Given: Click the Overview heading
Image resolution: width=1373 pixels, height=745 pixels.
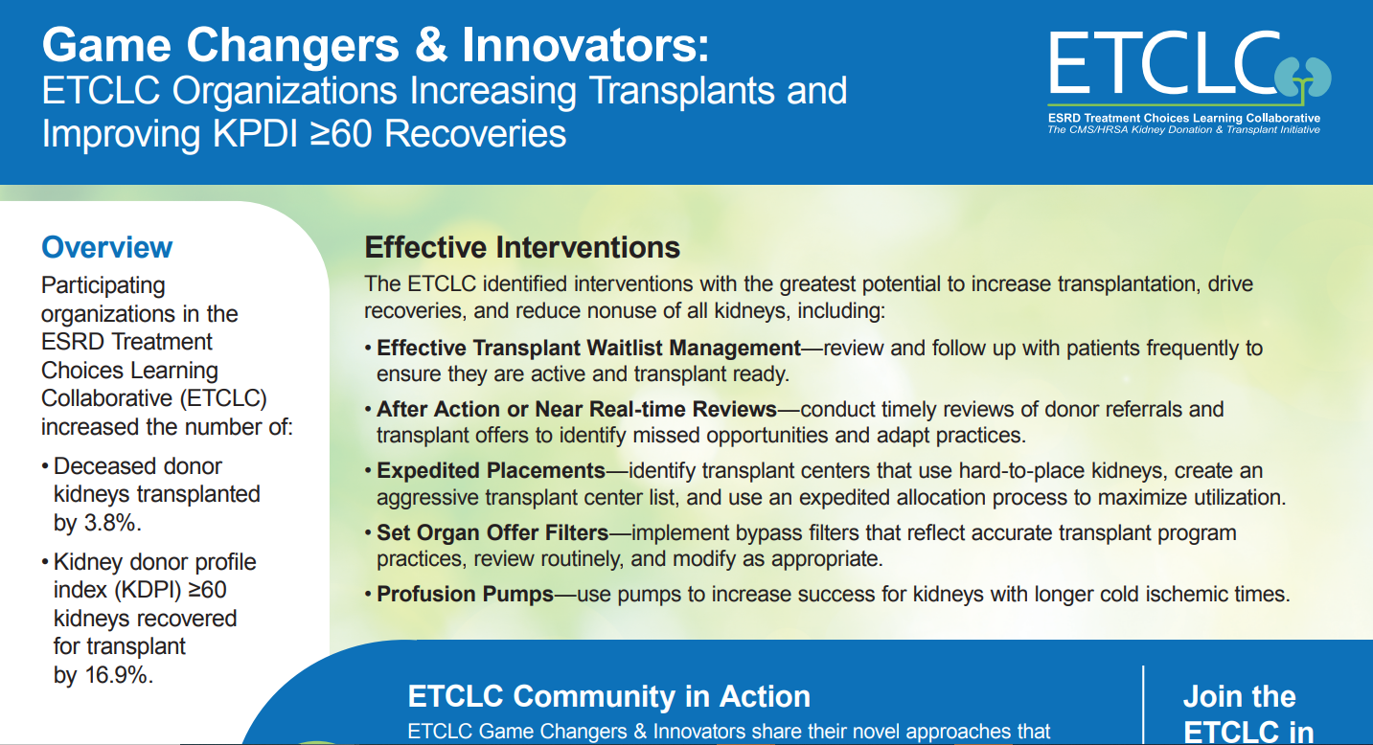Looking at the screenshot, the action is [106, 247].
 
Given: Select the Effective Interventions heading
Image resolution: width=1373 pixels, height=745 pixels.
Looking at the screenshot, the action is [522, 248].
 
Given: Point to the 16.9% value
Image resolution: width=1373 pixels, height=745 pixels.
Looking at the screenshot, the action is [119, 675].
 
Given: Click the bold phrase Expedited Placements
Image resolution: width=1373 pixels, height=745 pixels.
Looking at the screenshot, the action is [491, 470].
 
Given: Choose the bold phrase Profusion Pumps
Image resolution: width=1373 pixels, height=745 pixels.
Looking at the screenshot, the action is [466, 594].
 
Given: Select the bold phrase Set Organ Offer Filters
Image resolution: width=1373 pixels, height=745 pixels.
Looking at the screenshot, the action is [492, 533].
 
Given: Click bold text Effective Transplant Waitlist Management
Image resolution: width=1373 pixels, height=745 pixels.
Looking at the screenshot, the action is [588, 348].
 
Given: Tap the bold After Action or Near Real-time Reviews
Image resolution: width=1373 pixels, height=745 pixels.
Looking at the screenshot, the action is [577, 409].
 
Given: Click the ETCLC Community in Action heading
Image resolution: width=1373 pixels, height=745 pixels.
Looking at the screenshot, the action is [608, 696].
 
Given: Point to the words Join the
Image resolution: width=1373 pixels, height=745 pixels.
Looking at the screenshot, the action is [1240, 696].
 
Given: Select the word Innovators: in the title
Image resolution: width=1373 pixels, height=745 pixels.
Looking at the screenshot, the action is [585, 45].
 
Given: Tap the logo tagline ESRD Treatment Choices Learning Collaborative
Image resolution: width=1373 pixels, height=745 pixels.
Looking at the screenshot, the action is [1184, 118].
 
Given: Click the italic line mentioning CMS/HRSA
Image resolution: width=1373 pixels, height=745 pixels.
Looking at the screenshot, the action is [1184, 130].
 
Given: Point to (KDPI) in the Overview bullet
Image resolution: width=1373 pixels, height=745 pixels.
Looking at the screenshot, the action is [148, 590].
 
